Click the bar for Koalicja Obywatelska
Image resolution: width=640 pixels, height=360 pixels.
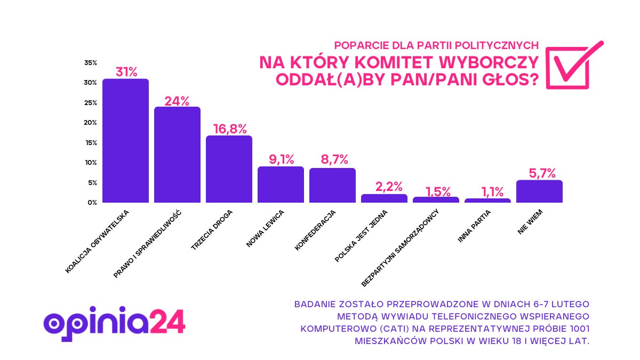pos(125,141)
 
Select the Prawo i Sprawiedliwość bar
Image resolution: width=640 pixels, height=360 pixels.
pos(177,155)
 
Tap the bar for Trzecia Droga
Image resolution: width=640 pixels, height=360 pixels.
pos(229,169)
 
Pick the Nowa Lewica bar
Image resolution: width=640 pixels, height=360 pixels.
pos(281,185)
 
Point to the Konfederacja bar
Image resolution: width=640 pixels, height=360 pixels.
pos(332,185)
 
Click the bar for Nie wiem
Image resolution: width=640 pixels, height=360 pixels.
pos(539,191)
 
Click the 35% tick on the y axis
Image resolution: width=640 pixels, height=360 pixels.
pos(90,63)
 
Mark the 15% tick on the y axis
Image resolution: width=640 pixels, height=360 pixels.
pos(90,143)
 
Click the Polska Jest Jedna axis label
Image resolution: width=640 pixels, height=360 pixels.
pos(361,235)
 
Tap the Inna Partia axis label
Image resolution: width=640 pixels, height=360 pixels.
pos(474,227)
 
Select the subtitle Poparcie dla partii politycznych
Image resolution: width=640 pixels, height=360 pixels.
pos(436,45)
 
